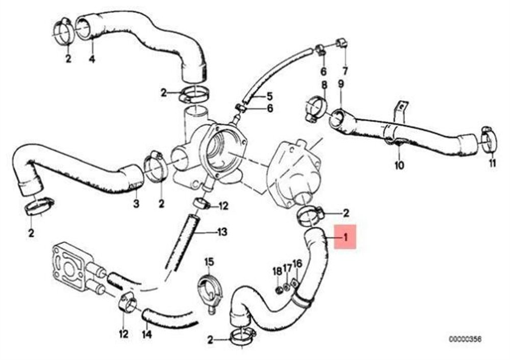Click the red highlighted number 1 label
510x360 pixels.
coord(345,237)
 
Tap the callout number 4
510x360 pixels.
coord(92,59)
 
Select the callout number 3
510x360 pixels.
coord(136,204)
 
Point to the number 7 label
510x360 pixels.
coord(345,71)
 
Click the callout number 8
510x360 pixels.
coord(324,86)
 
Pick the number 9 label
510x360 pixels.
coord(341,84)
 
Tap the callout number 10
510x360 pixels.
coord(399,165)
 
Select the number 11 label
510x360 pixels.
coord(493,163)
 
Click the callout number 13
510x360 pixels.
coord(222,232)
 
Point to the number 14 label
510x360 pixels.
coord(147,334)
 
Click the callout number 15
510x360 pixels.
coord(209,261)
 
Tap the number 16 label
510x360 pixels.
coord(297,264)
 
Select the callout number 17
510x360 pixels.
coord(287,268)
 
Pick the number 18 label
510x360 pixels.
coord(277,271)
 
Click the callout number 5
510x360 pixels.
coord(270,96)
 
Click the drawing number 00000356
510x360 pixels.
coord(466,339)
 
